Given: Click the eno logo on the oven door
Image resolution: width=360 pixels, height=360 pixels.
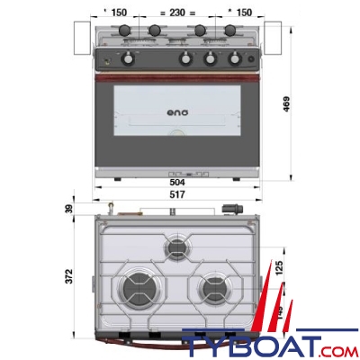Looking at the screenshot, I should [x=177, y=114].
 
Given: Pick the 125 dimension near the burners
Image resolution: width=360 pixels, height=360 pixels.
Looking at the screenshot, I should [x=278, y=266].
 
